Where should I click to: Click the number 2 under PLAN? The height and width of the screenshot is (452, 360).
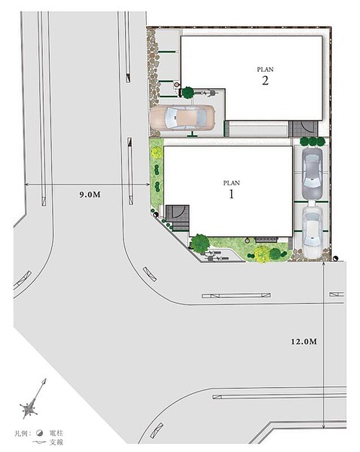265,80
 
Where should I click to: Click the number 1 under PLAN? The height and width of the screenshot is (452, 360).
232,194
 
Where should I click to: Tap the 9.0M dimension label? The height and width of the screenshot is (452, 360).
90,194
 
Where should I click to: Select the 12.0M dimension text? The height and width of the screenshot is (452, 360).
304,342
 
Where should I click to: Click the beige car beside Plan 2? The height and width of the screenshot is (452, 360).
183,117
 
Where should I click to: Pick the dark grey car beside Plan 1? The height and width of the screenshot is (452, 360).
312,173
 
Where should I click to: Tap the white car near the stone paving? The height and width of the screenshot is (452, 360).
312,232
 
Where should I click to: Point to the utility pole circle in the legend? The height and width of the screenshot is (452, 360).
40,433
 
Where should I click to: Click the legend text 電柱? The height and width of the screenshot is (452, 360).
56,433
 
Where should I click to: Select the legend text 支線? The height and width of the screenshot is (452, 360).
56,442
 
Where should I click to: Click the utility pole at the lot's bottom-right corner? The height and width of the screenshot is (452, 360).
335,259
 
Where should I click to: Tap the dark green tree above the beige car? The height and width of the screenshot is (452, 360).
188,92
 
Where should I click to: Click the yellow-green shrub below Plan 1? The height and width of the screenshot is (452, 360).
262,254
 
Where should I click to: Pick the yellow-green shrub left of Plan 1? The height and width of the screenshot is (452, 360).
156,152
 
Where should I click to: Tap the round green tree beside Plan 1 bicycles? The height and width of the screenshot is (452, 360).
200,244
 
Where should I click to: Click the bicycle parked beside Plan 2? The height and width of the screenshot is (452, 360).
207,93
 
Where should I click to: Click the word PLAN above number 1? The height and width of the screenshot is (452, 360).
232,182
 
